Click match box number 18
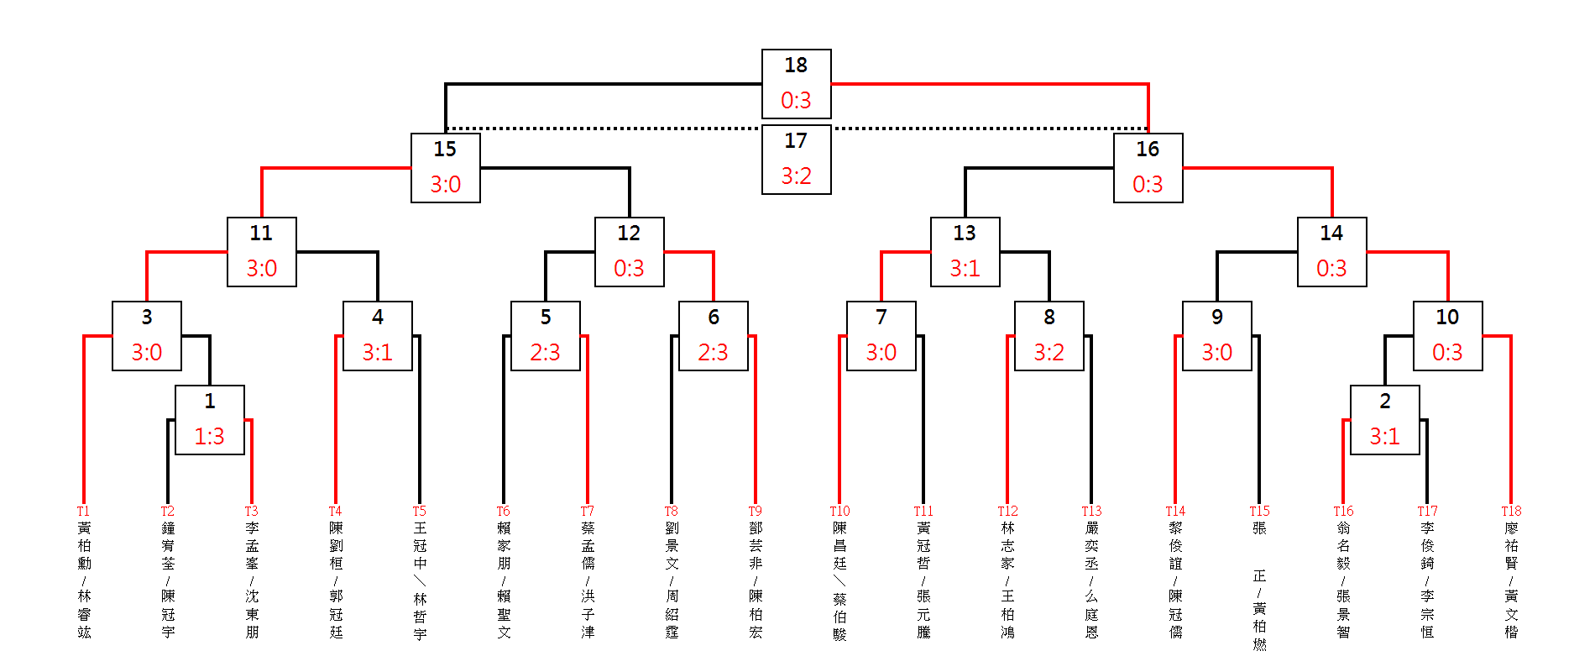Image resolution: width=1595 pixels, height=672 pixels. (796, 83)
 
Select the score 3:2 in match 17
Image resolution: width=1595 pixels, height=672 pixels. (796, 176)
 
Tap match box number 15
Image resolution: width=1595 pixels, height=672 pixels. (445, 167)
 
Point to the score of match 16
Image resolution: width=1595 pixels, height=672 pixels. (1148, 185)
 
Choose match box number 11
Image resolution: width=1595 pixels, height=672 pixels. (261, 251)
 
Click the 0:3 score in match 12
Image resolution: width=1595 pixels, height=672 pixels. (629, 269)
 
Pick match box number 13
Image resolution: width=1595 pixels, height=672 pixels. (965, 251)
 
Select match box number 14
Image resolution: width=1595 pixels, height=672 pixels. (1331, 251)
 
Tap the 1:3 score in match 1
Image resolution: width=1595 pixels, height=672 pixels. (209, 437)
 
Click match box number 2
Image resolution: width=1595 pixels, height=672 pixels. (1384, 419)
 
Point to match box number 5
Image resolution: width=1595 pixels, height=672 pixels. (545, 335)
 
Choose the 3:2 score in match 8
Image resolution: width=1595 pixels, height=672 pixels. (1049, 353)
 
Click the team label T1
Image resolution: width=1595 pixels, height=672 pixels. (83, 511)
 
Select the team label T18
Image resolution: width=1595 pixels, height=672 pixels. (1511, 511)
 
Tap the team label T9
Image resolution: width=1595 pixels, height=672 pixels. (755, 511)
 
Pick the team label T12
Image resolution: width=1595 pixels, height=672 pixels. (1007, 511)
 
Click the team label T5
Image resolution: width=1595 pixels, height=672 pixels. (419, 511)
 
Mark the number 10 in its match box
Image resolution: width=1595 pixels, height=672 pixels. (1447, 317)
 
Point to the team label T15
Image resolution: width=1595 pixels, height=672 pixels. (1259, 511)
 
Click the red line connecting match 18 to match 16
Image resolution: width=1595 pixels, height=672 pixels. (991, 84)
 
